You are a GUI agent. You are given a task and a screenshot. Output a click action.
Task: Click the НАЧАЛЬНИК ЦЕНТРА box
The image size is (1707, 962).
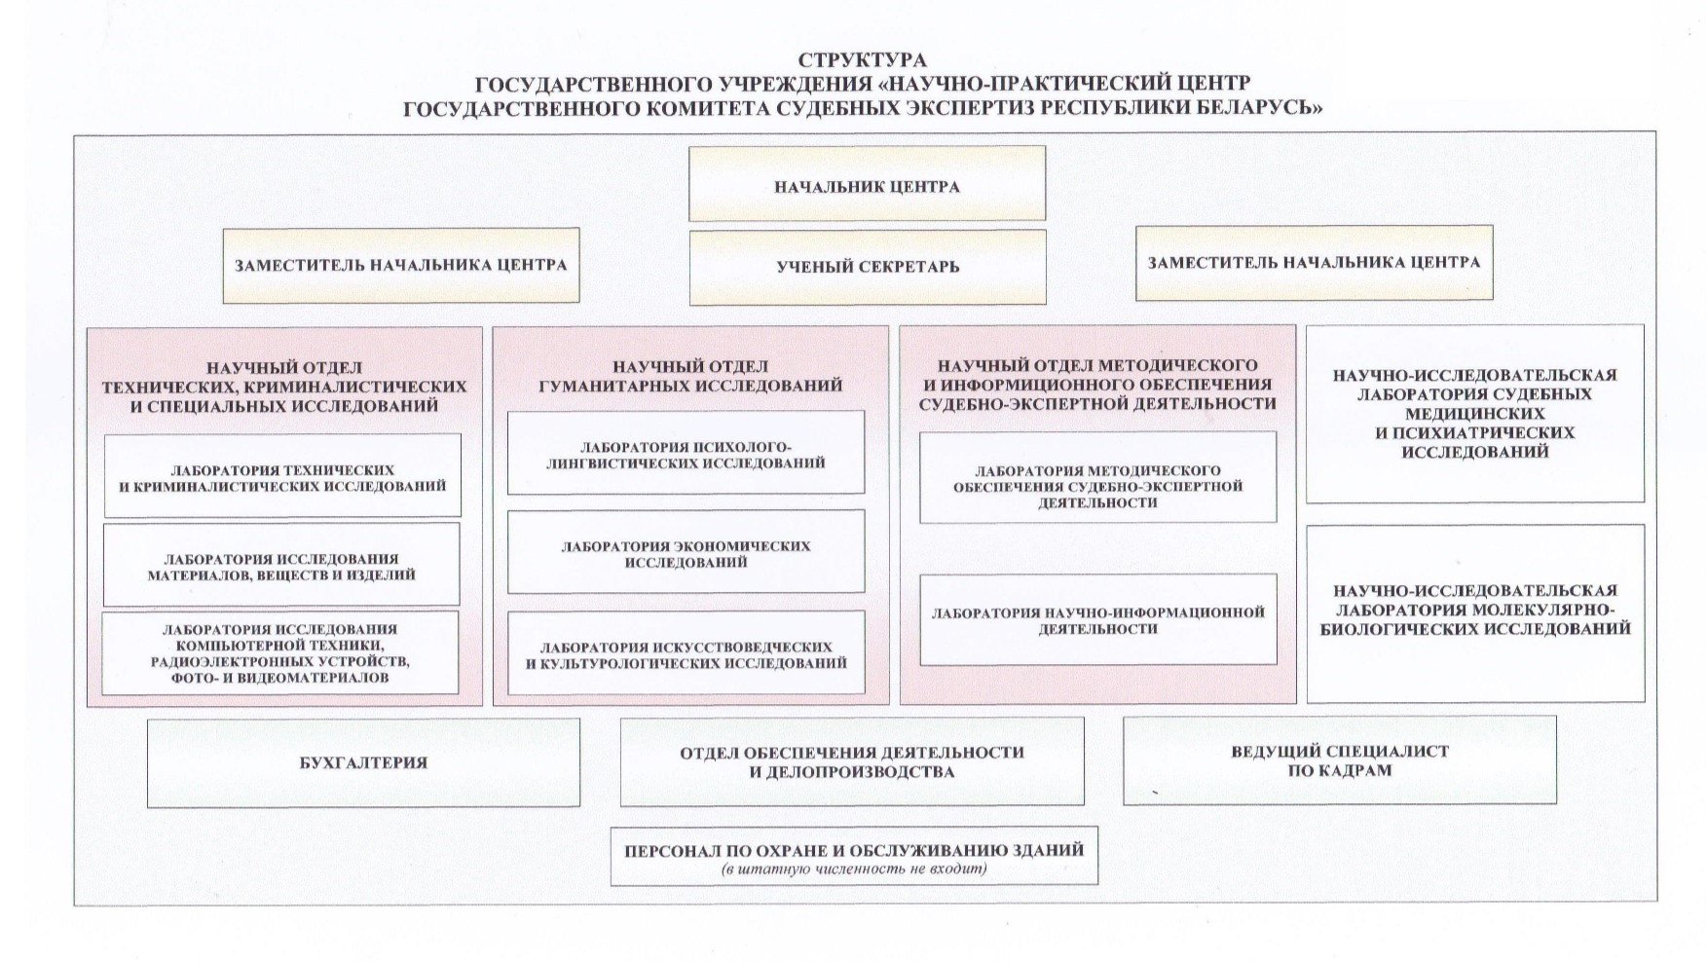(x=867, y=184)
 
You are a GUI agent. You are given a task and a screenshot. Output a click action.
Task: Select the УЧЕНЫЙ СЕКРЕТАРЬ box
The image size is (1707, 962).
(x=868, y=267)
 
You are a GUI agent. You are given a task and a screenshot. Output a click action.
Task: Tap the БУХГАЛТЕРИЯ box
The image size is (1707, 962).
(x=363, y=762)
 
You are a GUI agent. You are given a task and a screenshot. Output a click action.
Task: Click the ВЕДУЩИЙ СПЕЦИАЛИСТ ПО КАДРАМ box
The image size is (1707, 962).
(x=1339, y=760)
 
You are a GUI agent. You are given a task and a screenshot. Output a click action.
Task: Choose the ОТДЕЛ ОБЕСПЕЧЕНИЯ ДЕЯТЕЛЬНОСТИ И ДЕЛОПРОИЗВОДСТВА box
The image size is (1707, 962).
(x=852, y=761)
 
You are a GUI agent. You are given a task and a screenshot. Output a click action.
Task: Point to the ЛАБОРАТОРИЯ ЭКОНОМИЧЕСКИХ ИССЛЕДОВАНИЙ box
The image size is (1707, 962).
(x=686, y=552)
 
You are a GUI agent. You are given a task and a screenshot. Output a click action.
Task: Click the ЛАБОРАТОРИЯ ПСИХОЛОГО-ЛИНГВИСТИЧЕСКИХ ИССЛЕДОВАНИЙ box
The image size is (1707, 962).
(x=686, y=453)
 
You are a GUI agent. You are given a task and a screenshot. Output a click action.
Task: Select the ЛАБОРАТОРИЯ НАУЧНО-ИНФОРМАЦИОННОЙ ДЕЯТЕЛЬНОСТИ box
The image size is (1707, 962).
(x=1098, y=619)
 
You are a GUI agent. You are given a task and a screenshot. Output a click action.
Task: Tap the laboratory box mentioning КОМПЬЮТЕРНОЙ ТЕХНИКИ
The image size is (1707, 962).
(x=280, y=652)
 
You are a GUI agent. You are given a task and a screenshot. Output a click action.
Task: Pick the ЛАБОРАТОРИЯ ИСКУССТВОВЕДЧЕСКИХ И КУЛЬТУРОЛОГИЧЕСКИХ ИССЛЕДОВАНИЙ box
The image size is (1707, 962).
(x=686, y=652)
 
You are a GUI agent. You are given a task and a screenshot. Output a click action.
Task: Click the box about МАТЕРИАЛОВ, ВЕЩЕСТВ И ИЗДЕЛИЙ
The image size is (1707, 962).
(x=281, y=565)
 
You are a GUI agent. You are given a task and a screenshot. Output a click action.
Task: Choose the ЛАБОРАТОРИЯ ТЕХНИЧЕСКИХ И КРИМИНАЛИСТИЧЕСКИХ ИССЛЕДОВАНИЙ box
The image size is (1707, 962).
(x=282, y=476)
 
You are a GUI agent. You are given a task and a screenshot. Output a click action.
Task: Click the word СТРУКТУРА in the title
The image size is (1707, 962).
(x=862, y=61)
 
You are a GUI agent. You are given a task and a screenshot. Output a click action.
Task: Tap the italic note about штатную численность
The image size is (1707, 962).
(x=854, y=868)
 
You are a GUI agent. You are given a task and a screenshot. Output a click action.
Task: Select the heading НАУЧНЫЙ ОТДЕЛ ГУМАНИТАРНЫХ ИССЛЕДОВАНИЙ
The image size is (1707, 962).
(x=690, y=376)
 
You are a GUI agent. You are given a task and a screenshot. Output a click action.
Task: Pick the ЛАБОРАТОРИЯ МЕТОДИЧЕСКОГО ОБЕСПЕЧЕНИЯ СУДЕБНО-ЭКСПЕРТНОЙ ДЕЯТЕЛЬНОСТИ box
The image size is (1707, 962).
(x=1098, y=477)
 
